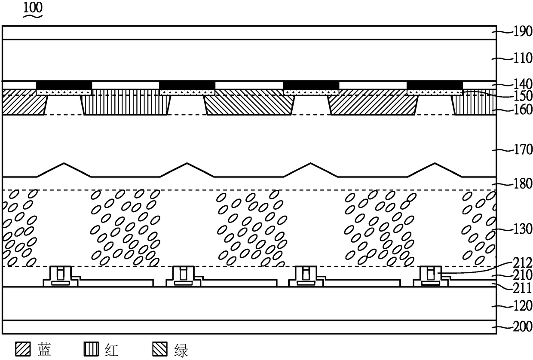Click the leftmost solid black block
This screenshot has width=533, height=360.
tap(64, 85)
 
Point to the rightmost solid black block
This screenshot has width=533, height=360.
tap(435, 85)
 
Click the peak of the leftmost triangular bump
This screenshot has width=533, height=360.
tap(64, 164)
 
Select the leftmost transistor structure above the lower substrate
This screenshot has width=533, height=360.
tap(61, 277)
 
